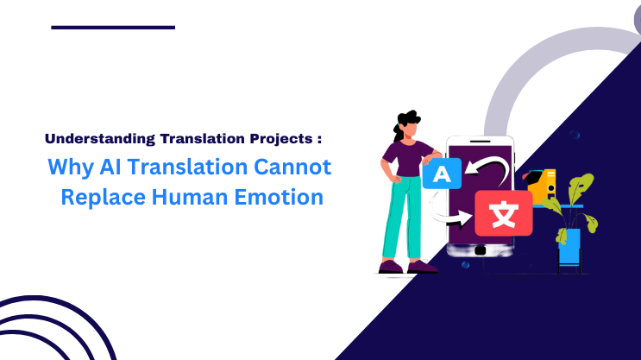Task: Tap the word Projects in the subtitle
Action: (x=279, y=138)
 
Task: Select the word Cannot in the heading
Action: (x=299, y=167)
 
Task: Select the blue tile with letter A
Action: (x=442, y=174)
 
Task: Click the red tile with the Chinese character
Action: (x=503, y=213)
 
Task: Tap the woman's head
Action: (x=405, y=127)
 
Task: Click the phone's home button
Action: (x=480, y=251)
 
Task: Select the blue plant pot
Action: (x=569, y=246)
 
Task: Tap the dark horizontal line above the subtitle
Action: (x=113, y=28)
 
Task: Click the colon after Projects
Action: (x=318, y=139)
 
